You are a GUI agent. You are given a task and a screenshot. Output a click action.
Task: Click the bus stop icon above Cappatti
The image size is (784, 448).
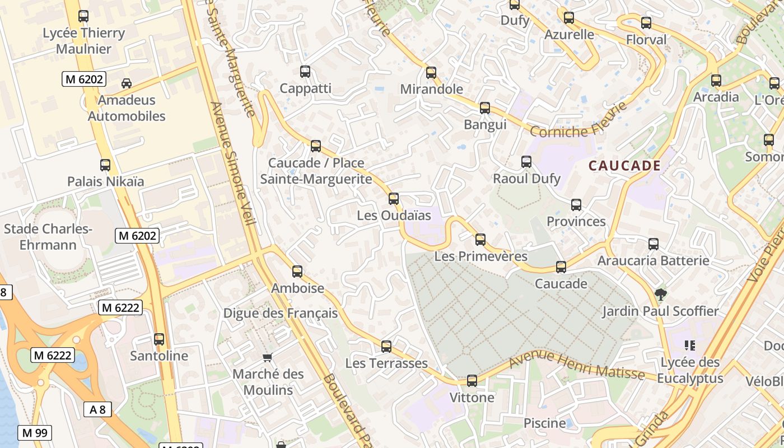305,72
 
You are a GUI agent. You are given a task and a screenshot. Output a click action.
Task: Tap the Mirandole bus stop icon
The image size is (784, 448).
431,73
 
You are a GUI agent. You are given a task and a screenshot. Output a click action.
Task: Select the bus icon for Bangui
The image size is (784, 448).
485,108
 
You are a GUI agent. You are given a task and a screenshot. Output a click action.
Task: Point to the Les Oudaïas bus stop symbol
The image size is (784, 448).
394,199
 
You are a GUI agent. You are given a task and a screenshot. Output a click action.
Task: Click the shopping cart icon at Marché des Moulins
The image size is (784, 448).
268,357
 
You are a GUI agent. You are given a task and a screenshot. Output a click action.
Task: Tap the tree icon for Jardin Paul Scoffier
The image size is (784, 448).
661,294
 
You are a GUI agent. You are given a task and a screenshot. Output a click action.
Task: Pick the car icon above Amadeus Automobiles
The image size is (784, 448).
127,83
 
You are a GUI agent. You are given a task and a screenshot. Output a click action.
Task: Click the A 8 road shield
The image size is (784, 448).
98,409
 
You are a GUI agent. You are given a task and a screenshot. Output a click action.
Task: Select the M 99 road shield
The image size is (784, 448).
35,433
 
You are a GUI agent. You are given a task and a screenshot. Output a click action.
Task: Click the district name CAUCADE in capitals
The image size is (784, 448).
625,166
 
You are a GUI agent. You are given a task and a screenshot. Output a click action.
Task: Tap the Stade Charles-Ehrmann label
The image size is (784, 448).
48,237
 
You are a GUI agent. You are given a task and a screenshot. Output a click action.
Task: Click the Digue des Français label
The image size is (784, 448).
281,313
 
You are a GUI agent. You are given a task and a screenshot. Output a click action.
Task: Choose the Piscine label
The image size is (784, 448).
545,423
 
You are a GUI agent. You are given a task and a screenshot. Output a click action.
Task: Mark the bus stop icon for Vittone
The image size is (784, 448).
472,381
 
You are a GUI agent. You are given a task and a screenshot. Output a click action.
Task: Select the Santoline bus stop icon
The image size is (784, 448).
159,339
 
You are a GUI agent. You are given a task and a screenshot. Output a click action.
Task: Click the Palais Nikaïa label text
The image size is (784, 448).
105,181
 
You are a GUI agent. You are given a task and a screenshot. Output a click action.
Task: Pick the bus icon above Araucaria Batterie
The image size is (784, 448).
654,244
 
